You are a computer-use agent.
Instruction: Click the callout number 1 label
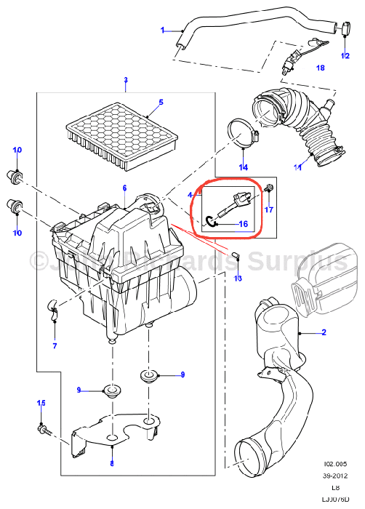pyautogui.click(x=164, y=30)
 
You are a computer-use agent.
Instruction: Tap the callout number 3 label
pyautogui.click(x=125, y=80)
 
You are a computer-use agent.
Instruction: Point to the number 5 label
pyautogui.click(x=161, y=103)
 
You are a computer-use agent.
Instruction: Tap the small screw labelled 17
pyautogui.click(x=270, y=189)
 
